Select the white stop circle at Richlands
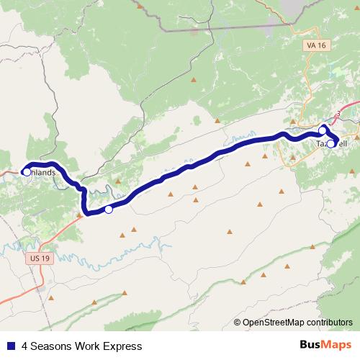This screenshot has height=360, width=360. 27,172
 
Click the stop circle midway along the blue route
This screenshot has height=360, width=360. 108,210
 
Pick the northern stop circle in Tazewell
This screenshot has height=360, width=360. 323,130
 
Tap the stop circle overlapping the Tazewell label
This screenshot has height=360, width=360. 330,143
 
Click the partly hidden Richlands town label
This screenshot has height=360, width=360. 42,173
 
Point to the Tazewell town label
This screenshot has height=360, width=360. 332,144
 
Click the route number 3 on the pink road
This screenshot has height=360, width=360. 337,114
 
